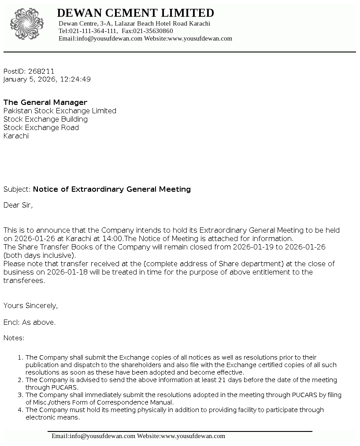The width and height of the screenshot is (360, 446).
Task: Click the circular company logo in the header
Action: click(x=27, y=25)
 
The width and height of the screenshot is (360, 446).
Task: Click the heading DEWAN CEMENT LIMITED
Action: click(x=135, y=13)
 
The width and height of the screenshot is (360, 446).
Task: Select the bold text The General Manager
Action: click(x=45, y=102)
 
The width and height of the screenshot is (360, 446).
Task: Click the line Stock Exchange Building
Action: click(x=45, y=119)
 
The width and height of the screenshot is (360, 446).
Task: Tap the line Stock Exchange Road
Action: click(x=41, y=127)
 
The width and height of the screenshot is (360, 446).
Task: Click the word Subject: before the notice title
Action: click(x=17, y=189)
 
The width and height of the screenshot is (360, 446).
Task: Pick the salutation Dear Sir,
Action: click(x=18, y=205)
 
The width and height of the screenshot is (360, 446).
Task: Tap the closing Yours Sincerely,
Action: click(x=31, y=305)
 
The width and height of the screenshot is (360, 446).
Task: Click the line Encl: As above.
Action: click(x=30, y=322)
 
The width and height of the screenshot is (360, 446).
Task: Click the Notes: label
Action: click(x=14, y=338)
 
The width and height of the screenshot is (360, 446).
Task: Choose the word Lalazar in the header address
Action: click(x=126, y=23)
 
